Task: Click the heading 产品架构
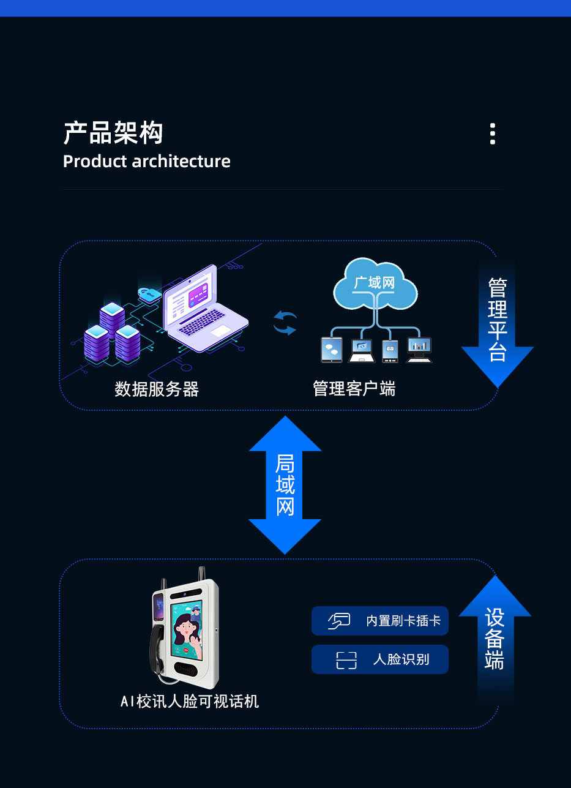pos(113,133)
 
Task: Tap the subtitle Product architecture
pos(147,162)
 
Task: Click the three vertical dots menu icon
pos(493,134)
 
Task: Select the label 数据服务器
pos(157,389)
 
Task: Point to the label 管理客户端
pos(354,389)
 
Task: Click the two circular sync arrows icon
pos(285,323)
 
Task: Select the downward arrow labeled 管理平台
pos(497,325)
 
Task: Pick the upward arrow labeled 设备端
pos(494,637)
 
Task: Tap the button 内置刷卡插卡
pos(380,621)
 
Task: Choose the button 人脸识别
pos(380,659)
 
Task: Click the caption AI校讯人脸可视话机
pos(190,702)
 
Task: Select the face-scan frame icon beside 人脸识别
pos(346,660)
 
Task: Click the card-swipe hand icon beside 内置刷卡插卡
pos(339,621)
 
